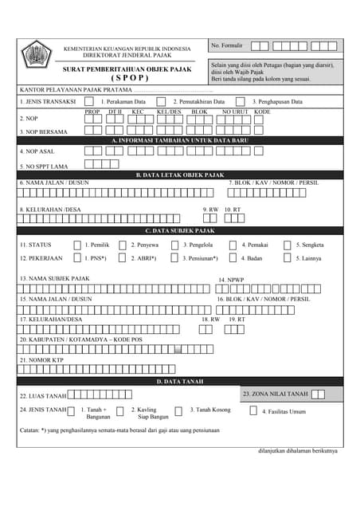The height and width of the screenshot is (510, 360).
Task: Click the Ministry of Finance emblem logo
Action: (x=36, y=55)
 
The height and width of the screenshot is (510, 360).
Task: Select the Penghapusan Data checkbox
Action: (x=242, y=101)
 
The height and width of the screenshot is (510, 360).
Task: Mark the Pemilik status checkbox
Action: (x=77, y=245)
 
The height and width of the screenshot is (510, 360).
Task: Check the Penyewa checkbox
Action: (x=123, y=245)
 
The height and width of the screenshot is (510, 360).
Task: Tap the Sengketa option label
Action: (x=310, y=245)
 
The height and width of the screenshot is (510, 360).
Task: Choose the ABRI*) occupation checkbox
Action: (x=123, y=258)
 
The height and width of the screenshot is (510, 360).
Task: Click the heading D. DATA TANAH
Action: (x=180, y=382)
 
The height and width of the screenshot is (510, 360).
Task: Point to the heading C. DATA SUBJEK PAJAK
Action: (x=180, y=230)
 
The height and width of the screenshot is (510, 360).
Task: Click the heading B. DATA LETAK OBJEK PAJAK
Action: (x=180, y=175)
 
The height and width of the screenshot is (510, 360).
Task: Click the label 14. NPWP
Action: (x=231, y=280)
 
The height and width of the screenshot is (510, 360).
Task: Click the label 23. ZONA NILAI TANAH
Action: (x=275, y=394)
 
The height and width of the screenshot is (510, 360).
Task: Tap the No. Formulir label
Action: (x=227, y=46)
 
